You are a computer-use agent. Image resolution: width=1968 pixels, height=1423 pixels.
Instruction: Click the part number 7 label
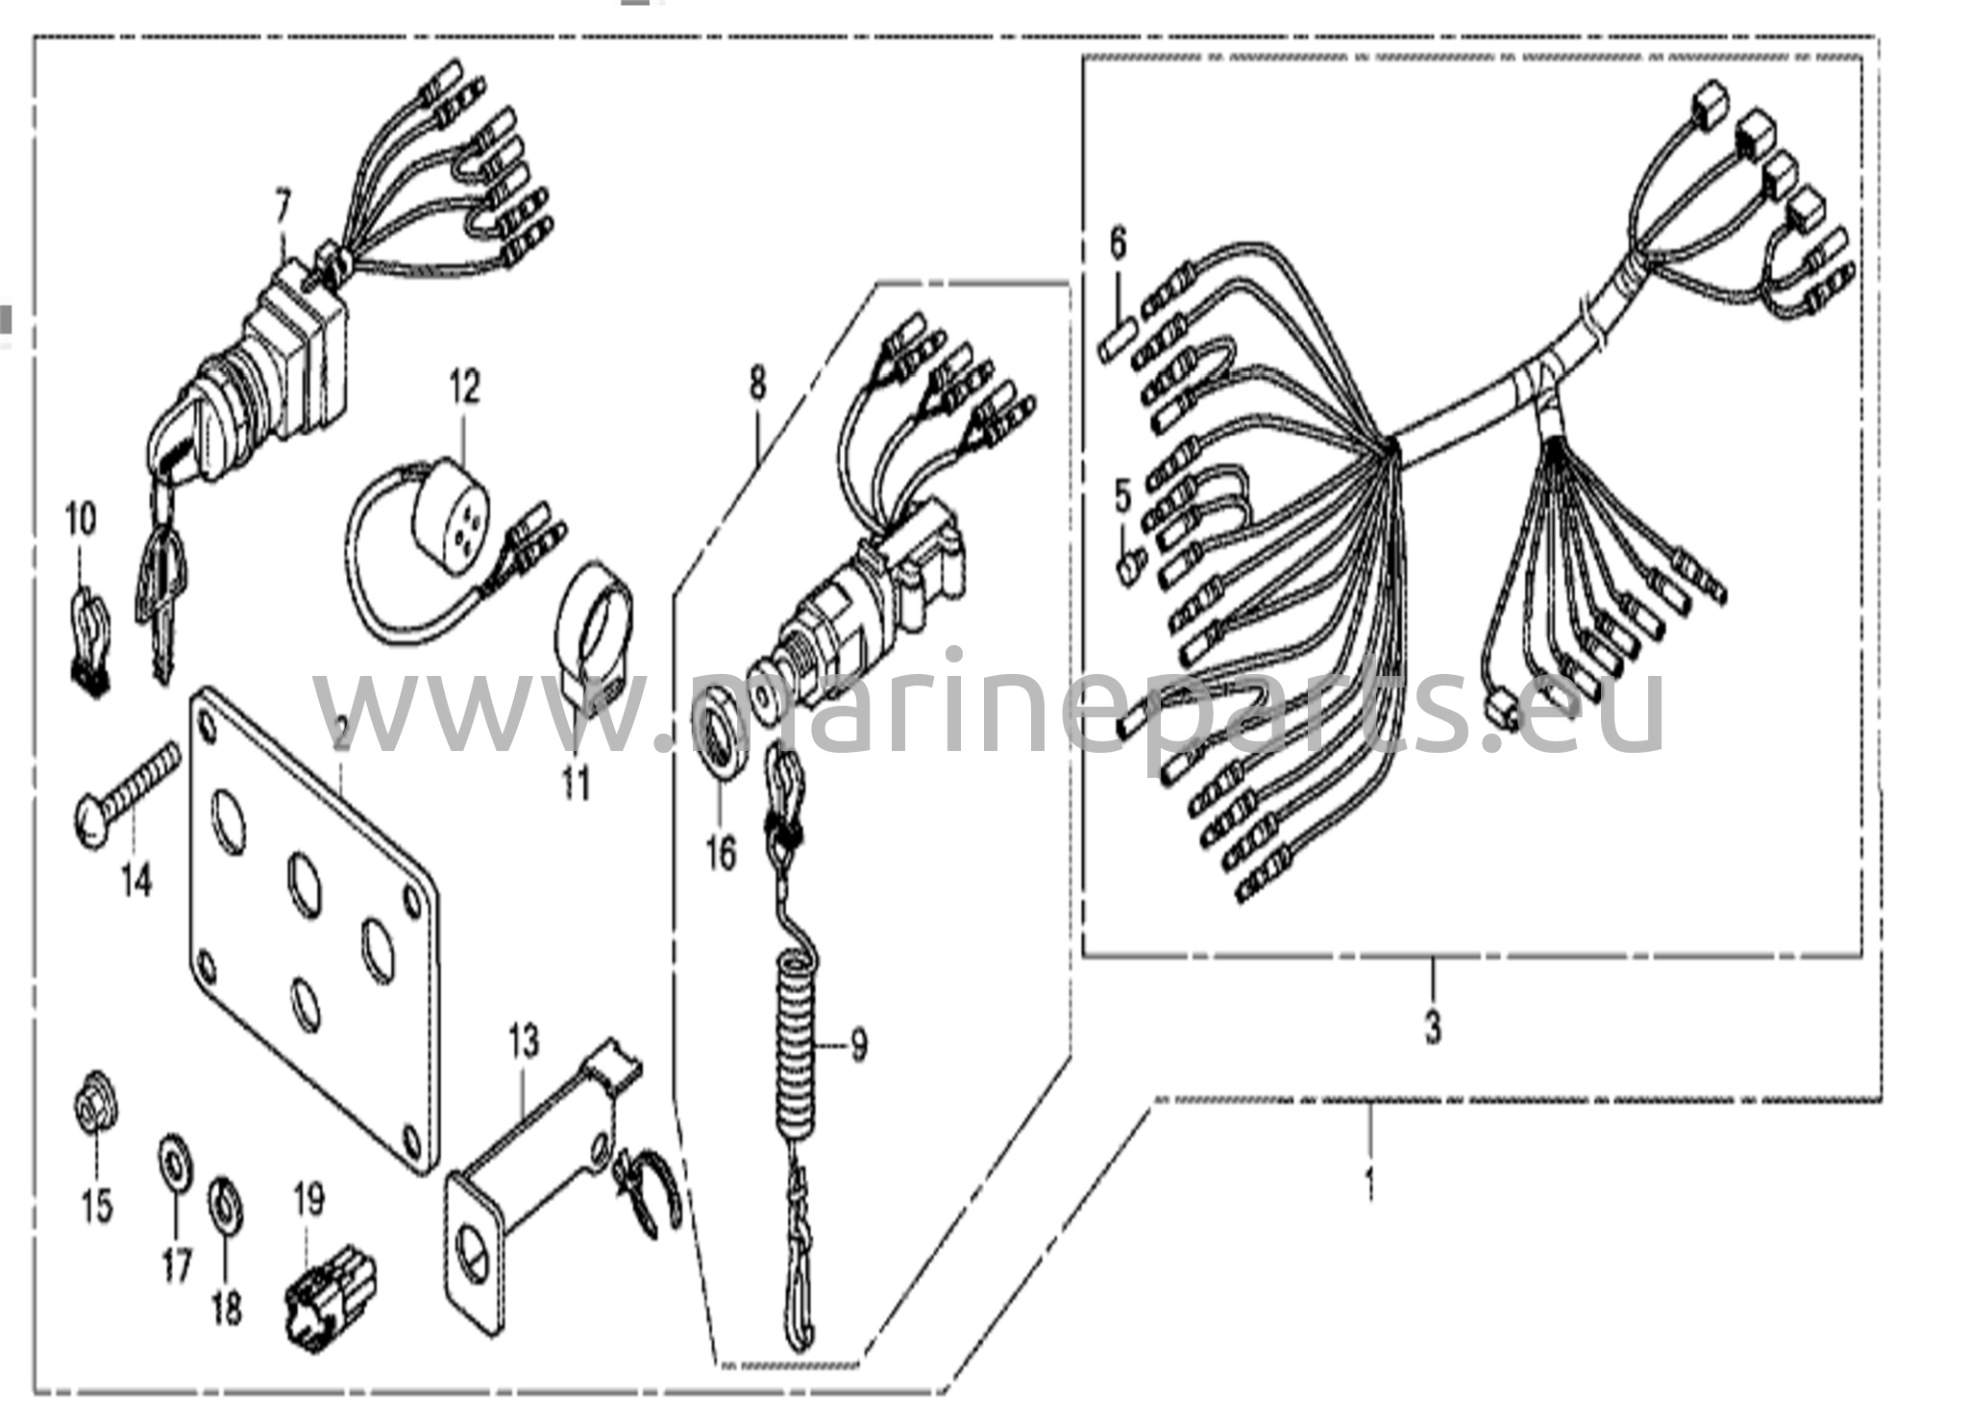(283, 205)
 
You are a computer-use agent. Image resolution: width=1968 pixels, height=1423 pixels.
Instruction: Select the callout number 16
(721, 852)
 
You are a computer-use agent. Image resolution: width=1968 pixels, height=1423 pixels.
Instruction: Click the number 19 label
(308, 1199)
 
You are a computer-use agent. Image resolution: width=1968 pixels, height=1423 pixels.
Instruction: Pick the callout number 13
(524, 1041)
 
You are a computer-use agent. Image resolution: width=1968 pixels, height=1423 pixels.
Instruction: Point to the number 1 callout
(1370, 1182)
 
